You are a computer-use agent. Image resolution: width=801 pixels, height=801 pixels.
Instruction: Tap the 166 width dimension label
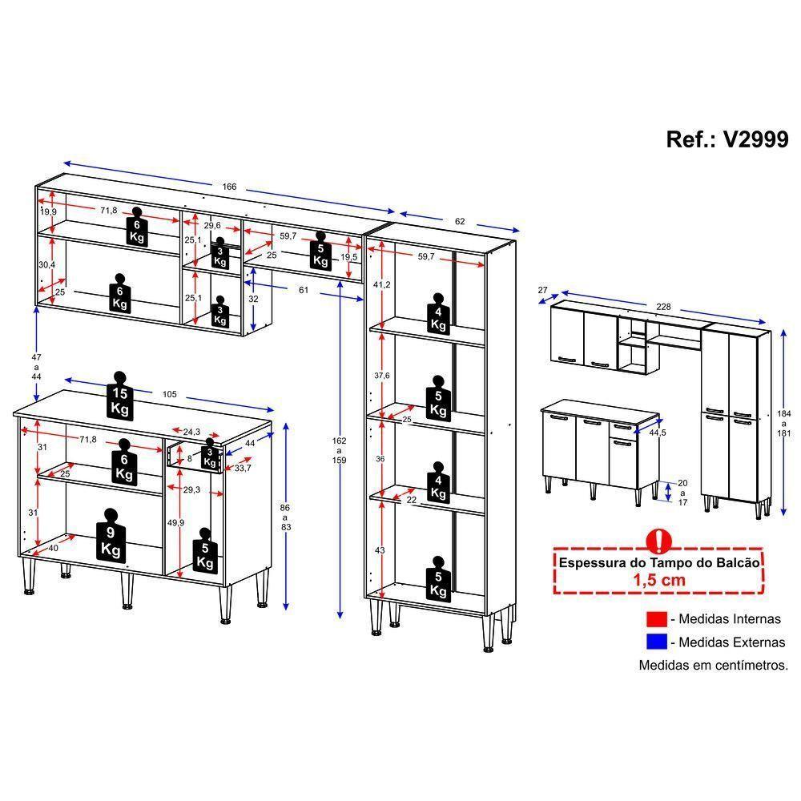coord(229,187)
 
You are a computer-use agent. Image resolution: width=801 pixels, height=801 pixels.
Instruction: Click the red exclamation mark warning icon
coord(657,538)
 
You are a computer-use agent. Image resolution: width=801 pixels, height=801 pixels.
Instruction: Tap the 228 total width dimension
coord(663,305)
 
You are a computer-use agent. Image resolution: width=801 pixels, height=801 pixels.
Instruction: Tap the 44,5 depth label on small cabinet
coord(658,433)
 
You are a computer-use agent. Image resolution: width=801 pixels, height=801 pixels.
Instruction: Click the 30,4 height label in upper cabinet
coord(47,265)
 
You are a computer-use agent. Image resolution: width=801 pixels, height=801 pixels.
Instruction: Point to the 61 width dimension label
coord(304,290)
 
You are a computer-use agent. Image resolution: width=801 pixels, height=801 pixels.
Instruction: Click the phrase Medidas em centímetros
coord(713,665)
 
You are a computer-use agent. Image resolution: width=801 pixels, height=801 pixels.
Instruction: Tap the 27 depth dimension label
coord(542,290)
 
